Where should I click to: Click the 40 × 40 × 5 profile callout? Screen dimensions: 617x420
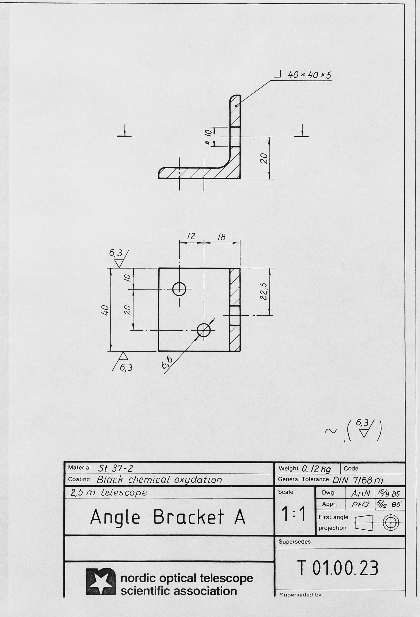[x=309, y=75]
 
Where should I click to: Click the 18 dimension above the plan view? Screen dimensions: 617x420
[x=221, y=237]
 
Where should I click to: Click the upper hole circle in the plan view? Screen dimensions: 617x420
[x=179, y=289]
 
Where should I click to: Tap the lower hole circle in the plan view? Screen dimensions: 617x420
[x=203, y=330]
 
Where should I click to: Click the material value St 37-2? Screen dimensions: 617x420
[x=116, y=468]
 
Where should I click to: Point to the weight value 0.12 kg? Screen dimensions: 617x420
[x=316, y=469]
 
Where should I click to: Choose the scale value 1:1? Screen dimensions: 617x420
[x=294, y=514]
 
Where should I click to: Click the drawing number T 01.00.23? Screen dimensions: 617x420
[x=338, y=568]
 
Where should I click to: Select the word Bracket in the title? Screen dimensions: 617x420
[x=189, y=517]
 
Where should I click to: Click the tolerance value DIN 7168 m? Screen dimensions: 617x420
[x=358, y=480]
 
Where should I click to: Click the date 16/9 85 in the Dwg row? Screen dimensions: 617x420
[x=390, y=493]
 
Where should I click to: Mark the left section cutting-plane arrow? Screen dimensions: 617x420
[x=124, y=131]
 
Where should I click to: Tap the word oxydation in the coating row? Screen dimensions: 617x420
[x=198, y=480]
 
